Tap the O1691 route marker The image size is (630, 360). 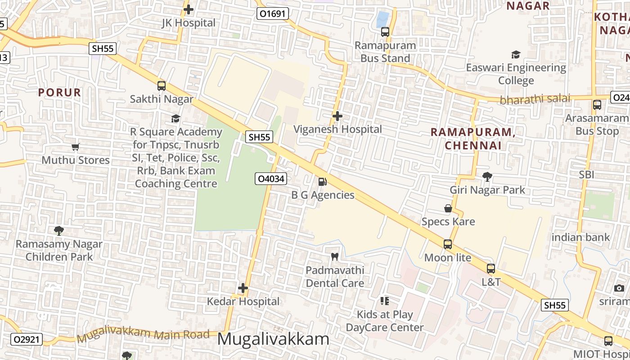(x=273, y=13)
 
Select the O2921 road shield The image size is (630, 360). (x=26, y=339)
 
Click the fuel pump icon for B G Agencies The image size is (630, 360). (x=322, y=181)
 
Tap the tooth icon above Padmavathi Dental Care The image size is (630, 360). (x=334, y=257)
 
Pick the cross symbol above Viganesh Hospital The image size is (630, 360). (x=337, y=116)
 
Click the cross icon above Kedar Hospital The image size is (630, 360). (x=243, y=288)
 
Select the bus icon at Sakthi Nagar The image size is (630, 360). (x=161, y=85)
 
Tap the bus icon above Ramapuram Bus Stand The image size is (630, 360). (x=385, y=32)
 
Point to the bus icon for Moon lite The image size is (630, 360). (x=447, y=244)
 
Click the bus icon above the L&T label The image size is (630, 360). (x=490, y=269)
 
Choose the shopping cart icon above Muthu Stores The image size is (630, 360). (x=76, y=147)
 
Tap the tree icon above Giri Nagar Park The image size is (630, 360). (x=487, y=176)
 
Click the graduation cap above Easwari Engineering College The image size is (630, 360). (x=516, y=54)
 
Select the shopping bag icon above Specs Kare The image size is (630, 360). (x=448, y=208)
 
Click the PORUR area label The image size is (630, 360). (x=59, y=93)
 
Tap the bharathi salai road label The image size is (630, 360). (x=535, y=99)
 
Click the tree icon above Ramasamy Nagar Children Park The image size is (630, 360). (x=58, y=231)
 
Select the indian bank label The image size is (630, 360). (x=580, y=237)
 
